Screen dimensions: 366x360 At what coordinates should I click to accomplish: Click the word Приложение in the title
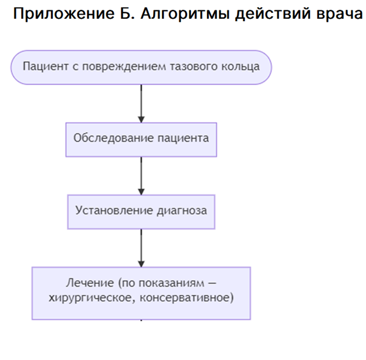[x=64, y=14]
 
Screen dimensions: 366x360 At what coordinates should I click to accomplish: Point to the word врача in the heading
[x=340, y=15]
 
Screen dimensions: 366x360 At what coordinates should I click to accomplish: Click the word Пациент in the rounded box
[x=46, y=66]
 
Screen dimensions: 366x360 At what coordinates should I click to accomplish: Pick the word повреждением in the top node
[x=124, y=67]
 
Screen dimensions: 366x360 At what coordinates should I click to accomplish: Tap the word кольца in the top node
[x=240, y=67]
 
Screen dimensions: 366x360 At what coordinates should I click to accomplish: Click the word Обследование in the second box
[x=114, y=138]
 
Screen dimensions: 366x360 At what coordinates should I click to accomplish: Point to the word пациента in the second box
[x=183, y=138]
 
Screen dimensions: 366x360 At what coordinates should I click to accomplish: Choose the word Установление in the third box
[x=114, y=210]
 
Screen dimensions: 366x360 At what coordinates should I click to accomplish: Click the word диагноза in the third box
[x=182, y=211]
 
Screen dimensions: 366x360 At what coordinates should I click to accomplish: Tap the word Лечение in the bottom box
[x=90, y=283]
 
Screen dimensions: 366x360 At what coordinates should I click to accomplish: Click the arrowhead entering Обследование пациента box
[x=141, y=120]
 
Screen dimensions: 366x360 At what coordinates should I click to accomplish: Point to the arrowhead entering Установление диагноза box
[x=141, y=192]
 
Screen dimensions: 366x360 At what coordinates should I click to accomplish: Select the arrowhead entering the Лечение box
[x=141, y=264]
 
